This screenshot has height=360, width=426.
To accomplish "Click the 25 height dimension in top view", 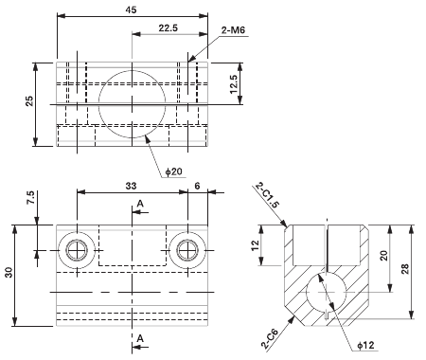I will [x=28, y=103].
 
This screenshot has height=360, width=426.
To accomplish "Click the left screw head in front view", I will [x=76, y=249].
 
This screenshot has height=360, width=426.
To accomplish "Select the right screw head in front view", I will [x=187, y=249].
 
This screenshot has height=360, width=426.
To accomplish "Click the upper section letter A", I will [x=140, y=203].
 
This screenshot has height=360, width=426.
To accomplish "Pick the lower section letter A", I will [x=140, y=337].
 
